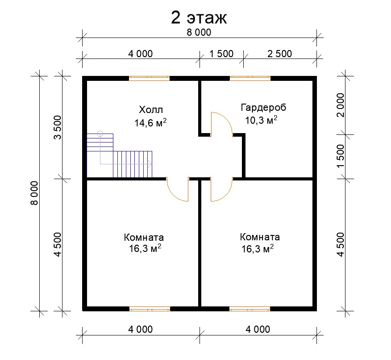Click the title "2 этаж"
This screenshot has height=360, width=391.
coord(199,18)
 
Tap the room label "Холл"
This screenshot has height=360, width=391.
coord(151,110)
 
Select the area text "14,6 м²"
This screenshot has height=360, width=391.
coord(150,122)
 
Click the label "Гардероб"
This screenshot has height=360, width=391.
coord(263,108)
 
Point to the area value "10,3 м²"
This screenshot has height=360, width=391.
coord(261,120)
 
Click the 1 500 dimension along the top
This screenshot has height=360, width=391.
coord(221,54)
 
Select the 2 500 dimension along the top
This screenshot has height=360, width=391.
coord(279,54)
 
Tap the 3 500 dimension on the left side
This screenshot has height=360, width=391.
coord(58,127)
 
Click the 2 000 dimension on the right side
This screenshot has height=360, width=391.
coord(341,105)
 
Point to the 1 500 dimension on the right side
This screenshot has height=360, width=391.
coord(341,156)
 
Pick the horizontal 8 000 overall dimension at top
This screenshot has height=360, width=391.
coord(199,33)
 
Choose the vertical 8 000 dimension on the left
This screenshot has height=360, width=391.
coord(34,193)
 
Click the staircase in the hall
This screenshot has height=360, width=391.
coord(120,156)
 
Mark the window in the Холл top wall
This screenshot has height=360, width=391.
coord(149,79)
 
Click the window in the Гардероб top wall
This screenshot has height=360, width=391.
coord(250,79)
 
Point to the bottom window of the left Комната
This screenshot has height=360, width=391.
coord(150,309)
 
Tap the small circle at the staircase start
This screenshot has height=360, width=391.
coord(100,134)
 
